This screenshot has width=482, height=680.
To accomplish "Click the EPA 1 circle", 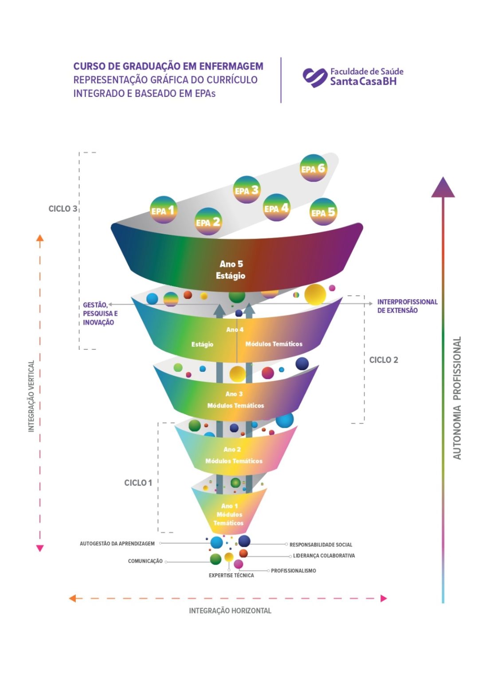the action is click(164, 210).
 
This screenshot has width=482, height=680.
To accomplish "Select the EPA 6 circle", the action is click(313, 168).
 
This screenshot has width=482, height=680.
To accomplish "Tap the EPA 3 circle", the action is click(247, 189).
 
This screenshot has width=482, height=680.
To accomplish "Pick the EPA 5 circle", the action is click(323, 212).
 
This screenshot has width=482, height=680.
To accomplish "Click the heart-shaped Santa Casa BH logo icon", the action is click(315, 77).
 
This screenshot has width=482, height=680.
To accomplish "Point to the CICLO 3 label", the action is click(63, 209).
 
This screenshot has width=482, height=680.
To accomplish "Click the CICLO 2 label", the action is click(384, 360).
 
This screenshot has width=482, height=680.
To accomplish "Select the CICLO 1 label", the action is click(138, 483).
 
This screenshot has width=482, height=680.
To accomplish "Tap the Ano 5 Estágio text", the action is click(231, 270).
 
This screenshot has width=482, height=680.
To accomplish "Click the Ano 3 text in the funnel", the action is click(234, 394).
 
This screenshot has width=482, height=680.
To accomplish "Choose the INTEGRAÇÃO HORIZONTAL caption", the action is click(230, 610).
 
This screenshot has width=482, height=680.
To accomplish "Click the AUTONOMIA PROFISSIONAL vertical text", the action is click(457, 398).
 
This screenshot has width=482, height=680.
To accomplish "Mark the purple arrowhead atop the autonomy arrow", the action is click(443, 187).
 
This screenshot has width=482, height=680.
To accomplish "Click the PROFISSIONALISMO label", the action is click(294, 571).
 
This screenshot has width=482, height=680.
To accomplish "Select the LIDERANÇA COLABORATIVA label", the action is click(324, 556).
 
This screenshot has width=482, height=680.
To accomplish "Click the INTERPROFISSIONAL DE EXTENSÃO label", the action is click(407, 306).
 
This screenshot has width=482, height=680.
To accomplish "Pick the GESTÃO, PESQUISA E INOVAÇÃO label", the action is click(100, 313).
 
